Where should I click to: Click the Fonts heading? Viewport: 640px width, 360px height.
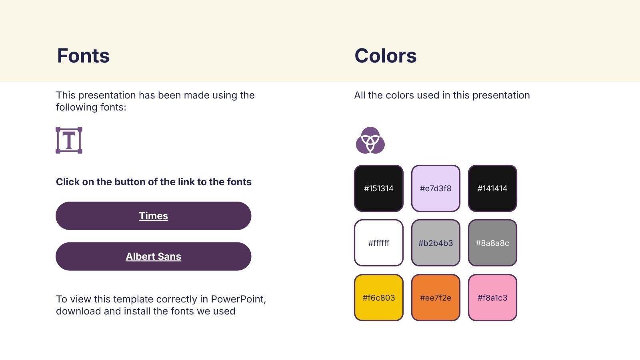[x=83, y=56]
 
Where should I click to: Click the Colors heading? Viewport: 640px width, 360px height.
[x=386, y=56]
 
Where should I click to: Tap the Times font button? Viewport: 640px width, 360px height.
[x=154, y=216]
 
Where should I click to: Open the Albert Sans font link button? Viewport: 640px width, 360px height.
[x=154, y=256]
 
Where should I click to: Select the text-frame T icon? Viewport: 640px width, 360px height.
[x=69, y=140]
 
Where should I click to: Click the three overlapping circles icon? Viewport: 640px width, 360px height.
[x=370, y=140]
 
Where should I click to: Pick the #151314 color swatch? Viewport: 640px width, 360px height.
[x=378, y=188]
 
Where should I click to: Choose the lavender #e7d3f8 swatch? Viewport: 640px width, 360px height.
[x=436, y=188]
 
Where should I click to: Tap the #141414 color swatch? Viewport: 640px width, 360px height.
[x=492, y=188]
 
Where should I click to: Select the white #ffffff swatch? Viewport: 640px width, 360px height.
[x=378, y=243]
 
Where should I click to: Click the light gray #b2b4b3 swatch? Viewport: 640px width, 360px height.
[x=436, y=243]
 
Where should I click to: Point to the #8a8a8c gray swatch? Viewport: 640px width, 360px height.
[x=492, y=243]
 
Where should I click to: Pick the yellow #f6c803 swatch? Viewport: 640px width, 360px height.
[x=378, y=298]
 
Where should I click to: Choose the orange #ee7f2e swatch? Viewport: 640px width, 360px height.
[x=436, y=298]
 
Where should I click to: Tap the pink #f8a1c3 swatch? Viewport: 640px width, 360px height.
[x=492, y=298]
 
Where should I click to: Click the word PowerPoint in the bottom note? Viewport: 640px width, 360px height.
[x=238, y=299]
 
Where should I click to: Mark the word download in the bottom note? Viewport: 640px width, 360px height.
[x=78, y=311]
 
